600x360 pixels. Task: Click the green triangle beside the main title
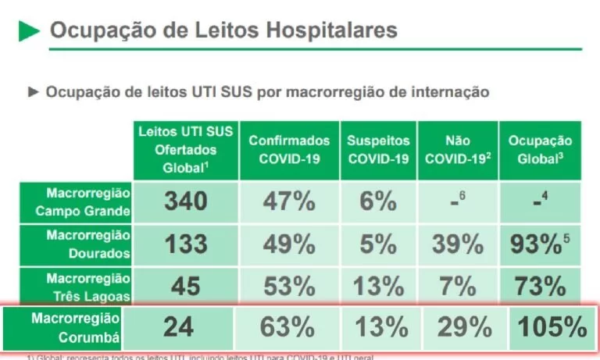[x=29, y=30]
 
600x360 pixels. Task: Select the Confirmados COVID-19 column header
[x=289, y=150]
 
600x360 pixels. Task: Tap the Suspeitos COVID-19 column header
[x=378, y=150]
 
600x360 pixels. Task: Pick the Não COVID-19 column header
[x=457, y=150]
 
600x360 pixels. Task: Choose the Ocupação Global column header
[x=540, y=150]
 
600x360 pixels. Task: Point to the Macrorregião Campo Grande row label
[x=77, y=201]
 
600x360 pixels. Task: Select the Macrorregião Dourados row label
[x=77, y=244]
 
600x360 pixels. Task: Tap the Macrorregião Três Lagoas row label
[x=77, y=286]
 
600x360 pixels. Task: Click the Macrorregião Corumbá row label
[x=77, y=327]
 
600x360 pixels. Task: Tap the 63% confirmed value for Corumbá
[x=287, y=326]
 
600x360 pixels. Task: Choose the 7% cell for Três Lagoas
[x=457, y=286]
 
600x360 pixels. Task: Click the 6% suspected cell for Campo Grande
[x=378, y=201]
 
